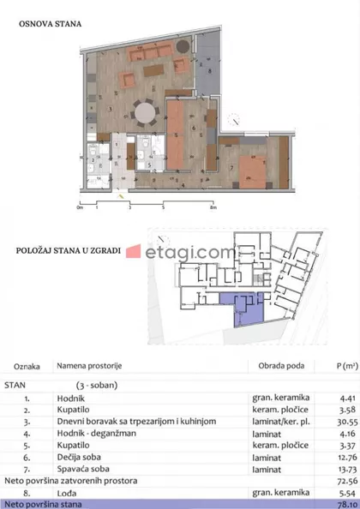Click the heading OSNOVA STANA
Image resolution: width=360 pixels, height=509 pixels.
coord(50,25)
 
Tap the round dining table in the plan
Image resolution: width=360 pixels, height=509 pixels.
coord(148,113)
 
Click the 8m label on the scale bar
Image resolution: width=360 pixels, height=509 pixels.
coord(211,207)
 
